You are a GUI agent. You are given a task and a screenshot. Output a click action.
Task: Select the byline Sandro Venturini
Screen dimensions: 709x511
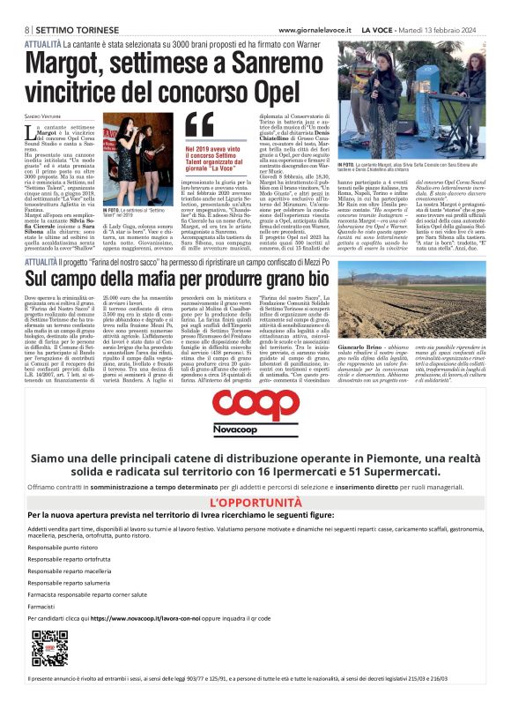42,115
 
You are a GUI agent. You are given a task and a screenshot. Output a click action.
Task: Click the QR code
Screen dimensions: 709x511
48,648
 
